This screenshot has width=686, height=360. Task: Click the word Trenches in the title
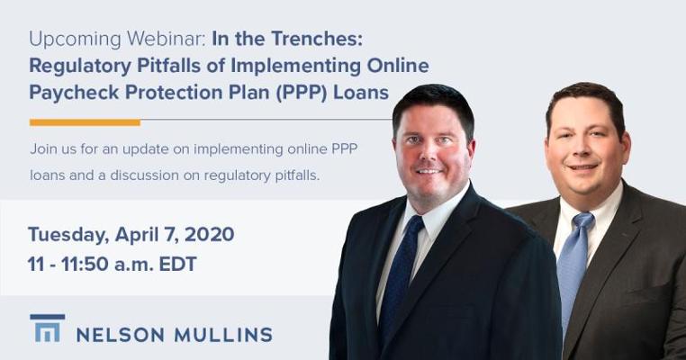coord(317,39)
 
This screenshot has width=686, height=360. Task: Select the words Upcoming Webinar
coord(117,40)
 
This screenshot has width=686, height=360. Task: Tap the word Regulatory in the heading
coord(80,67)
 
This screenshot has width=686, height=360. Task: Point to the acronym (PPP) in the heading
coord(302,93)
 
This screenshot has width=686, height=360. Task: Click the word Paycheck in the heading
coord(74,93)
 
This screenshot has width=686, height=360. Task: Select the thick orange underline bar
coord(85,122)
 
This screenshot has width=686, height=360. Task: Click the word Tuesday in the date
coord(68,235)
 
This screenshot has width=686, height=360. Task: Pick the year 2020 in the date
coord(209,235)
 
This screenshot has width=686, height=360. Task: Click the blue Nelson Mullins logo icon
coord(47,328)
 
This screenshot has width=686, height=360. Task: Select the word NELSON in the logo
coord(121,335)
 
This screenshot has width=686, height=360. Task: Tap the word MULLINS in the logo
coord(223,335)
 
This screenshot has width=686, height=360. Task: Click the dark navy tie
coord(399,276)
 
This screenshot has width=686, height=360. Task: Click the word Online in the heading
coord(398,66)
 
